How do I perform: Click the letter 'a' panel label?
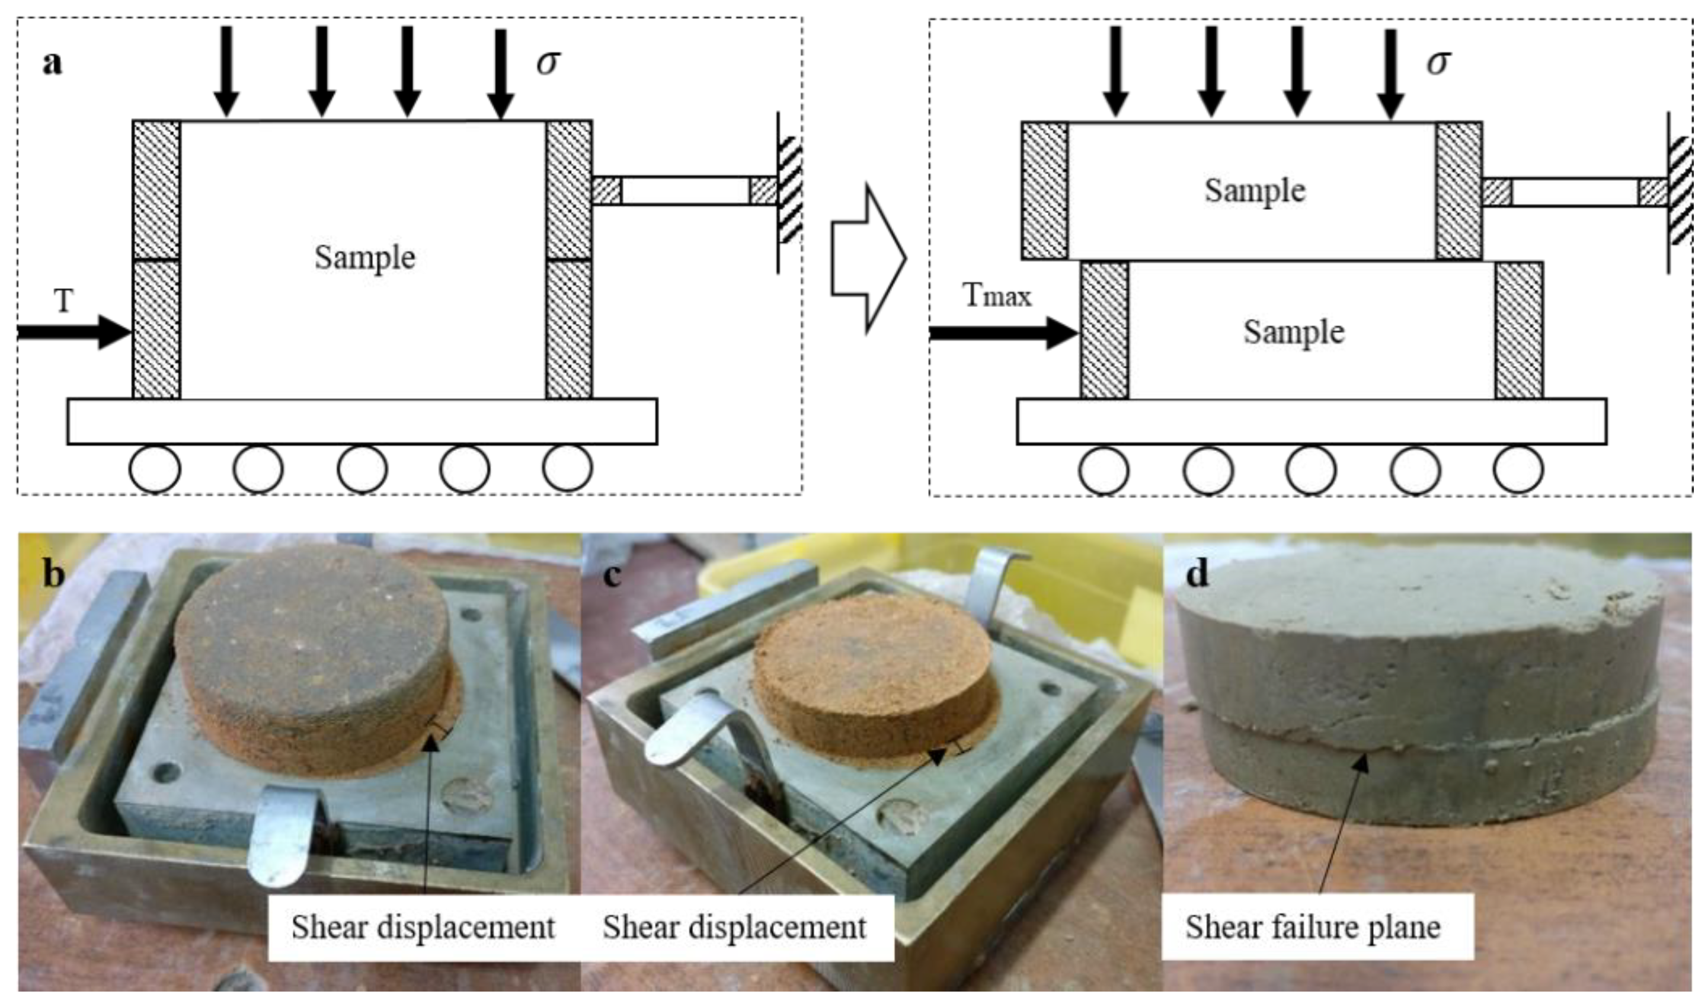[52, 64]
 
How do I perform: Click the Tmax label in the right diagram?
[996, 296]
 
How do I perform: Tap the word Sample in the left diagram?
[364, 258]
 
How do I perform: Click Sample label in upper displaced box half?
[1254, 191]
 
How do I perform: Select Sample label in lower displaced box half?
[1293, 333]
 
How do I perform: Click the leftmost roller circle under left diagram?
[155, 469]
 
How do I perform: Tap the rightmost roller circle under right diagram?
[1518, 469]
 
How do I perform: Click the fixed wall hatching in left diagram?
[790, 191]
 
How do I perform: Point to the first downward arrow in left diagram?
[226, 71]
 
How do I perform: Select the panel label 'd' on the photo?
[1197, 574]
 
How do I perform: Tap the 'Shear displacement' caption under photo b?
[423, 927]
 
